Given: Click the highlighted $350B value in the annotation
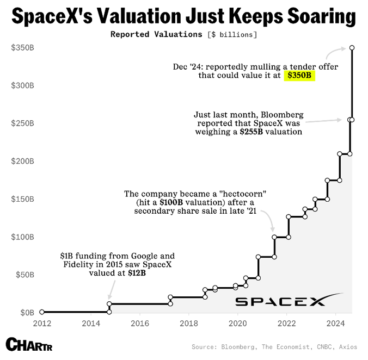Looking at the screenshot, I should (299, 76).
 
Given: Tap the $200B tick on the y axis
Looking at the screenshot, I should (22, 161).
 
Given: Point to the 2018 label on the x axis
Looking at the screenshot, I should (188, 322).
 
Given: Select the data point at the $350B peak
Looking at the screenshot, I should (352, 48).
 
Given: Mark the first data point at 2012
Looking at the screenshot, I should (42, 312).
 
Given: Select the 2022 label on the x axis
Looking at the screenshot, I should (286, 322).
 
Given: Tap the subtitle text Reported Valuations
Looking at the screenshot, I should (156, 34).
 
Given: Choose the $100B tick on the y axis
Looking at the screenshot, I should (22, 237).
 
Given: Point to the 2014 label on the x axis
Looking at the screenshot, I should (90, 322).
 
